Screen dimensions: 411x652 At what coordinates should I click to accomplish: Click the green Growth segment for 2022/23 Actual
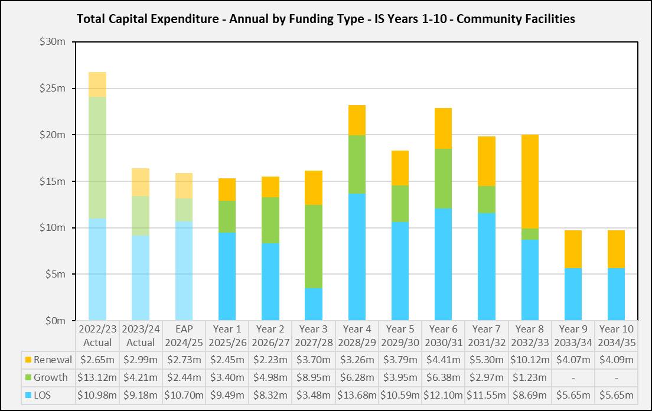97,158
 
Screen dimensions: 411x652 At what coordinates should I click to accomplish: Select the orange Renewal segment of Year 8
530,181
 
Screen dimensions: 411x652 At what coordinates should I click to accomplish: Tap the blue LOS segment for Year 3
314,304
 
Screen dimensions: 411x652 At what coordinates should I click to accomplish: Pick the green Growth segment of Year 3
314,246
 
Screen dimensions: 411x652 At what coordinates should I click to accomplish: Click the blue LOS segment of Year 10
616,294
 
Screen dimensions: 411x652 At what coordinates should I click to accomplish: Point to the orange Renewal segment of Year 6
443,128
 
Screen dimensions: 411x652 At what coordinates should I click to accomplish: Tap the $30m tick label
52,43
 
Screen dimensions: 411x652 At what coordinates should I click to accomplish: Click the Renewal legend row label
53,360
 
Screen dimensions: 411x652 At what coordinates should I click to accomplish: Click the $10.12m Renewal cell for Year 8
529,360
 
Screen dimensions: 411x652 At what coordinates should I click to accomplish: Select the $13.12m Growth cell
97,377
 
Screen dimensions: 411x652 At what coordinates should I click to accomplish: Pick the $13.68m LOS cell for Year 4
357,395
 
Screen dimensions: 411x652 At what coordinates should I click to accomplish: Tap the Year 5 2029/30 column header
400,335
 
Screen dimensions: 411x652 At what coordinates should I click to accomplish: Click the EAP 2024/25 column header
184,335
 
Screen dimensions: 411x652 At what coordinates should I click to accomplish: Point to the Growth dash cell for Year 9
573,377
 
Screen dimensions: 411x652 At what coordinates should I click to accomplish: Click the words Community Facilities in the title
516,19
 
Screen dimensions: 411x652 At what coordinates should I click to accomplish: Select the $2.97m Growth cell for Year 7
486,377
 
